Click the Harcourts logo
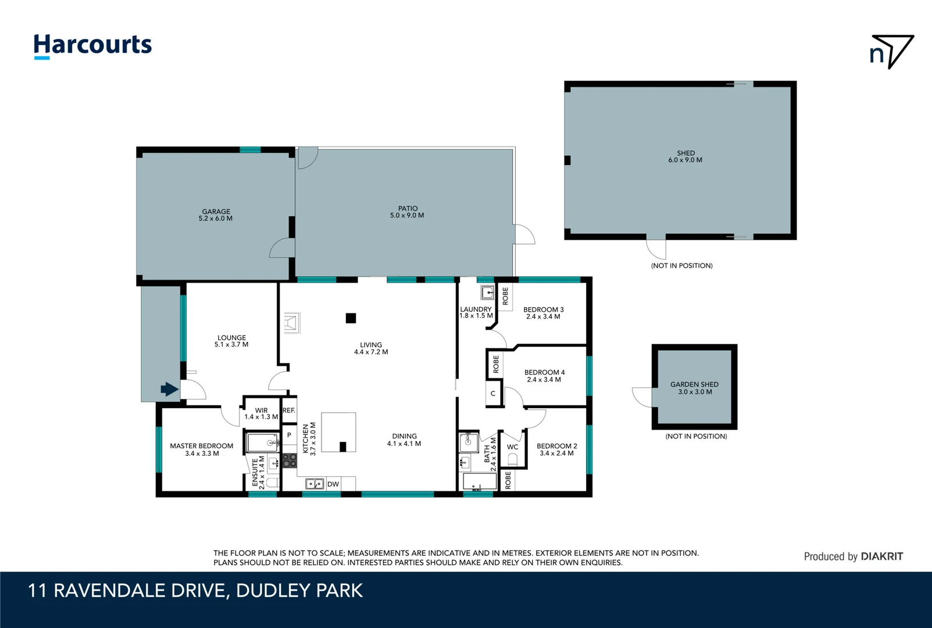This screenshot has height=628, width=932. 92,45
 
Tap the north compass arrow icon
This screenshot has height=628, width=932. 892,52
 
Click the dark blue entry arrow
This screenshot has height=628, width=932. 169,389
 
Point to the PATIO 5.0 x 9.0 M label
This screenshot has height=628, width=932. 407,212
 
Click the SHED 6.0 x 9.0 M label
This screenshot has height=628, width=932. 685,156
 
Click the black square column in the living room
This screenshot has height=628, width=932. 351,318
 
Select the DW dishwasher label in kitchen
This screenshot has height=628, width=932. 333,484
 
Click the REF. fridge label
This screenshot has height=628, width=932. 289,411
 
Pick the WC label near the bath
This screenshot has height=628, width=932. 512,447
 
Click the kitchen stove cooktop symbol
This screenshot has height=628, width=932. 289,461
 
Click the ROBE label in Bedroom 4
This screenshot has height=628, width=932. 496,364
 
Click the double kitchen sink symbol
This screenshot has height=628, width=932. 315,484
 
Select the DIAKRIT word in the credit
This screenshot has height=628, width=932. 881,556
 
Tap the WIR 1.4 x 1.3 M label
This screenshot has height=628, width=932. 261,413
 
